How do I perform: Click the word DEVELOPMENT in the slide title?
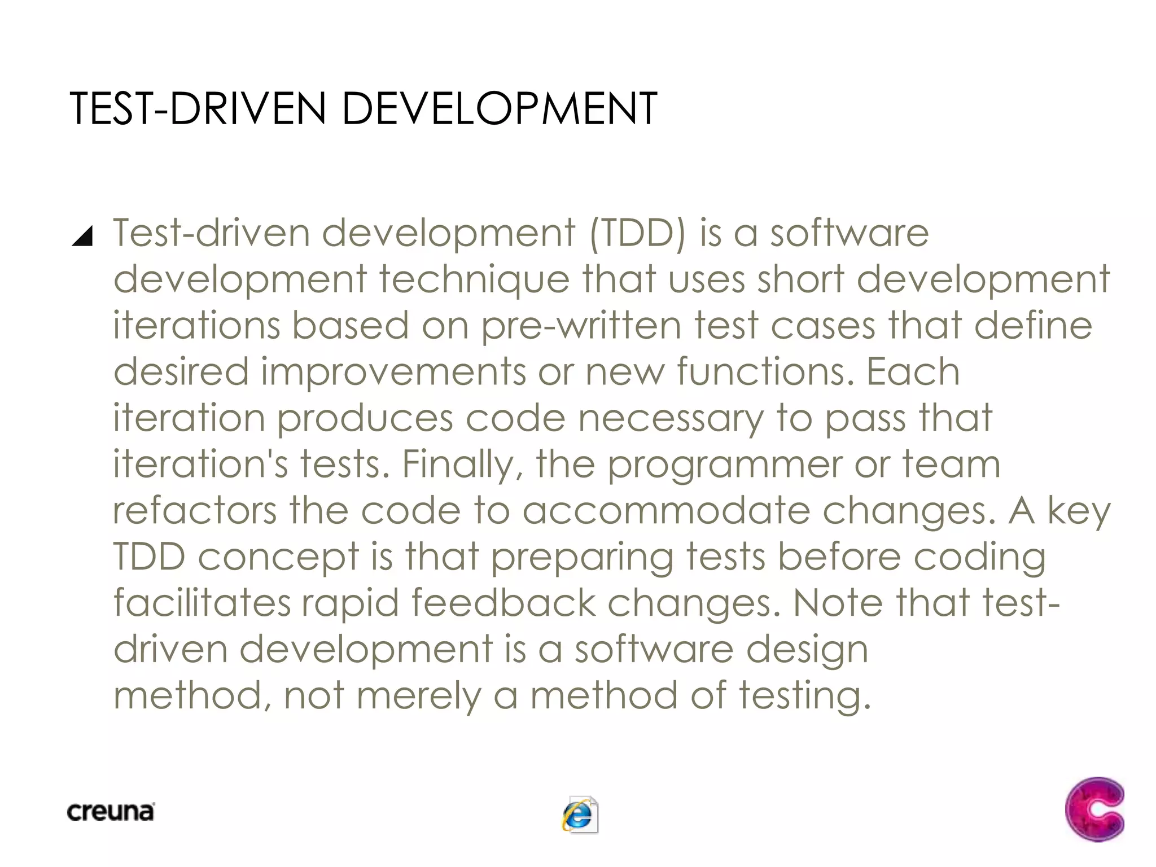point(499,108)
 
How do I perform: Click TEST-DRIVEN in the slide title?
point(198,108)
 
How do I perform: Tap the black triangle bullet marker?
point(82,236)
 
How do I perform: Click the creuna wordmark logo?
point(111,812)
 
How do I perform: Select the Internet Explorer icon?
point(580,815)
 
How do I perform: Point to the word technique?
point(474,280)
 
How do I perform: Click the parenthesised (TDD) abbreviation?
point(637,234)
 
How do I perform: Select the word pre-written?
point(581,326)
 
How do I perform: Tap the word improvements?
point(393,373)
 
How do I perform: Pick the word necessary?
point(671,419)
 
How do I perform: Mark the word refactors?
point(195,511)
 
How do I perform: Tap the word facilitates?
point(202,603)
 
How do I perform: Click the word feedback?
point(503,603)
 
